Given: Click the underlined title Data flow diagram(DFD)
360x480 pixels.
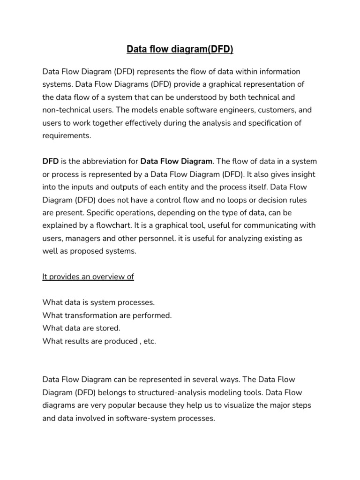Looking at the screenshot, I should [180, 49].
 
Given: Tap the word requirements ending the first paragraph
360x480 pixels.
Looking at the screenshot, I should [66, 135].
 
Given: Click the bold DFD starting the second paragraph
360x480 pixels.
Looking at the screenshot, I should [50, 162].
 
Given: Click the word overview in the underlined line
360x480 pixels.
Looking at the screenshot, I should [108, 277].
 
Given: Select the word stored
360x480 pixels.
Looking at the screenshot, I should [110, 328].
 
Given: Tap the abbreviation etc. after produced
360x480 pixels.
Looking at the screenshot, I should [150, 341].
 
